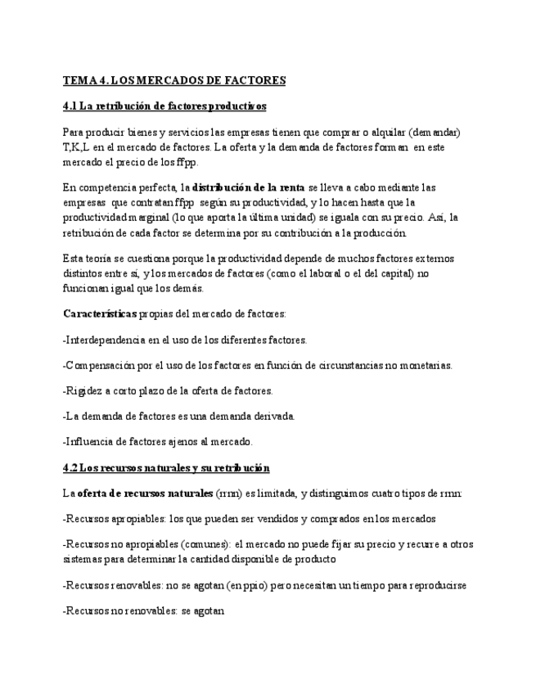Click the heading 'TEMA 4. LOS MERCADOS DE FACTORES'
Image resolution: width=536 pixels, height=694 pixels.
click(x=174, y=80)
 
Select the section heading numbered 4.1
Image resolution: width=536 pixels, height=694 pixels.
click(x=164, y=106)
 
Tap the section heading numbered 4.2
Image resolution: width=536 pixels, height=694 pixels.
click(x=166, y=467)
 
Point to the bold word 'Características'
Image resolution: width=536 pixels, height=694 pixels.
click(x=100, y=313)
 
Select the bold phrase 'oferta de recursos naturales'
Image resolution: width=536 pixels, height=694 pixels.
click(x=145, y=493)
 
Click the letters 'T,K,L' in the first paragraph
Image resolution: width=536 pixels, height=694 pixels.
click(x=77, y=147)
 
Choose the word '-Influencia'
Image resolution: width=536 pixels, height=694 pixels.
click(x=90, y=442)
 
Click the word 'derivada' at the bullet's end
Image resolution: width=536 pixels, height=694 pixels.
click(x=273, y=417)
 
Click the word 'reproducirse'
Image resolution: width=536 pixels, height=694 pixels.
click(x=436, y=586)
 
